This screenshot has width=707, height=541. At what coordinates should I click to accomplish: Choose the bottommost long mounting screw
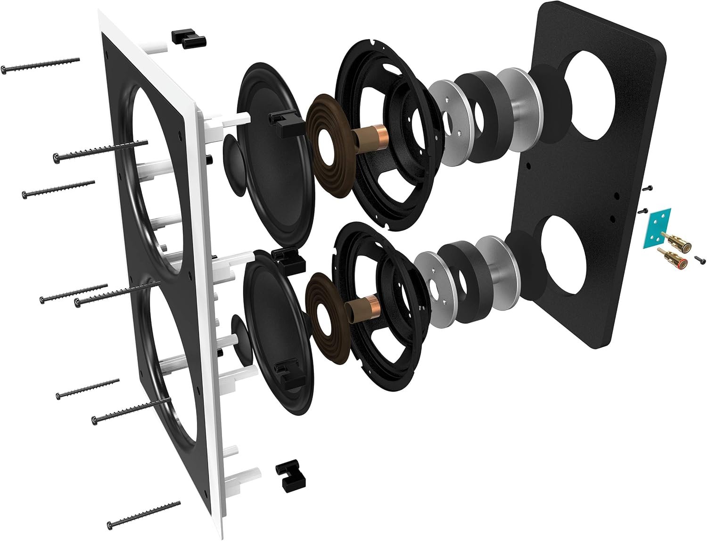(144, 514)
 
